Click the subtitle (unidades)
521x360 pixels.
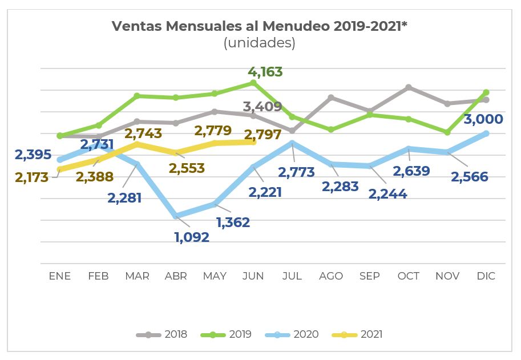260,43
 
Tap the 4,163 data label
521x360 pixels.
265,72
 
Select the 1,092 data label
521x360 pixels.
192,236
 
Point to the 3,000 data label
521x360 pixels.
483,119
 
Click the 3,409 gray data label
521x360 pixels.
262,106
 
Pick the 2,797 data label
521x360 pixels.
262,135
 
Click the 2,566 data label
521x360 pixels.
469,177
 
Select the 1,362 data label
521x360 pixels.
232,223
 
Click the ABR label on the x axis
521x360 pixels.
176,276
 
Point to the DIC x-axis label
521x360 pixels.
486,276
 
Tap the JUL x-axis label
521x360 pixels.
292,276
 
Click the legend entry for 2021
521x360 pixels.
357,334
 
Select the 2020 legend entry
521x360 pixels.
293,334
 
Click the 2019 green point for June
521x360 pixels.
253,83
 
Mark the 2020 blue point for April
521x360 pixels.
176,216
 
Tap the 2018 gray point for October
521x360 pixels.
409,87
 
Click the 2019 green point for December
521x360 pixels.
486,92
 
